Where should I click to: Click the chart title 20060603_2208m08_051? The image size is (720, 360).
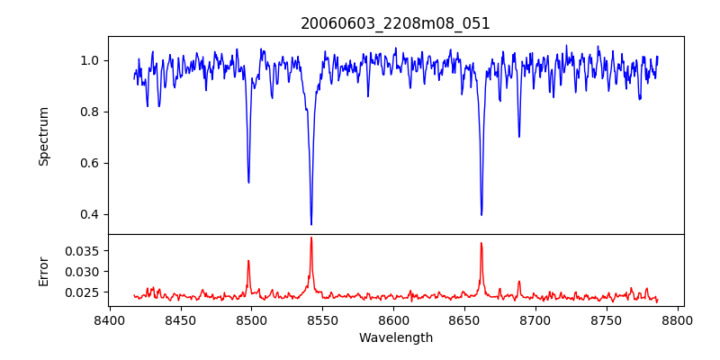pyautogui.click(x=395, y=23)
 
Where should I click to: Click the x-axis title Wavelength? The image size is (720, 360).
pyautogui.click(x=395, y=337)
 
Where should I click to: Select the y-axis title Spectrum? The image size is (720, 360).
pyautogui.click(x=43, y=136)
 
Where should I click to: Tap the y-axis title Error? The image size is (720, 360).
pyautogui.click(x=43, y=270)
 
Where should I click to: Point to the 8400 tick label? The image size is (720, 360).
pyautogui.click(x=109, y=320)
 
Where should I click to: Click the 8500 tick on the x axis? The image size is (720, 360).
pyautogui.click(x=251, y=320)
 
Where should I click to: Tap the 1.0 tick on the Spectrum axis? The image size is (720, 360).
pyautogui.click(x=90, y=60)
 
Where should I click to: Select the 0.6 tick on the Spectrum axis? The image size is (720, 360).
pyautogui.click(x=90, y=163)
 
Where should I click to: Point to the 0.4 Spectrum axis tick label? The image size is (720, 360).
pyautogui.click(x=90, y=214)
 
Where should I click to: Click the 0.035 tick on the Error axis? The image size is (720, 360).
pyautogui.click(x=83, y=250)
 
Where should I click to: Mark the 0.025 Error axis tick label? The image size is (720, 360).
pyautogui.click(x=83, y=292)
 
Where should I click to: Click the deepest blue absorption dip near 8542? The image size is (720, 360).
pyautogui.click(x=311, y=224)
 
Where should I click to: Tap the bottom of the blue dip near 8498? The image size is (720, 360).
pyautogui.click(x=248, y=183)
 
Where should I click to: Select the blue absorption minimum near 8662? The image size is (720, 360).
pyautogui.click(x=481, y=214)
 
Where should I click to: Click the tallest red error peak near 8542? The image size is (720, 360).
pyautogui.click(x=311, y=238)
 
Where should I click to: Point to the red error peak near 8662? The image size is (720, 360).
pyautogui.click(x=481, y=243)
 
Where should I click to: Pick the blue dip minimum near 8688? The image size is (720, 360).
pyautogui.click(x=518, y=137)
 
